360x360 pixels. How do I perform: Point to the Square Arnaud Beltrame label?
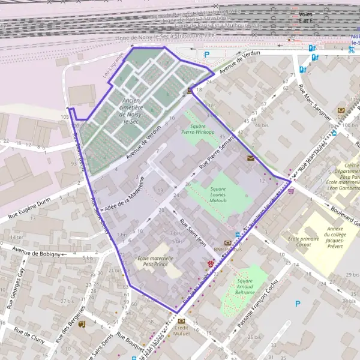tap(245, 289)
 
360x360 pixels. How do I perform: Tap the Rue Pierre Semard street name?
tap(217, 151)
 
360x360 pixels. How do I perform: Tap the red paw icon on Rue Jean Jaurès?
tap(210, 263)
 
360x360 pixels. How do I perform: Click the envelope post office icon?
tap(250, 158)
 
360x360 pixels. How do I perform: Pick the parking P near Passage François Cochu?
tap(298, 304)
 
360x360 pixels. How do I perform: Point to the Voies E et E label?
tap(306, 18)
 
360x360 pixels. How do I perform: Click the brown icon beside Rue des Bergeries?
tap(82, 324)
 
